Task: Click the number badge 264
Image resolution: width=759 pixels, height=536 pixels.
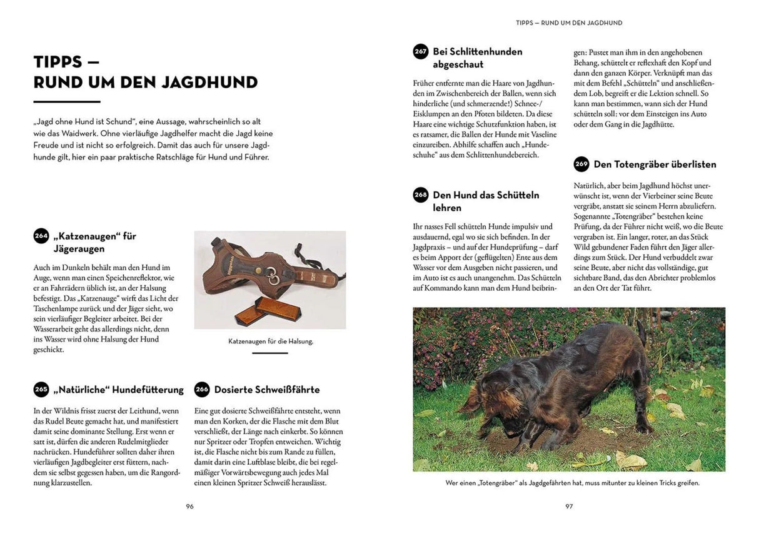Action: [x=41, y=236]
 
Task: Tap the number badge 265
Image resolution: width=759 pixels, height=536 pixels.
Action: [x=41, y=389]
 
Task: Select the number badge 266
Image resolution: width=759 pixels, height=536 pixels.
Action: [x=202, y=389]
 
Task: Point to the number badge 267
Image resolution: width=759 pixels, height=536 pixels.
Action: [x=421, y=51]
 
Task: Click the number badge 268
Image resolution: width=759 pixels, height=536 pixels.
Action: [x=421, y=195]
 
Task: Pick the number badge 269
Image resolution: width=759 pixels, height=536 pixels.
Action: [x=581, y=164]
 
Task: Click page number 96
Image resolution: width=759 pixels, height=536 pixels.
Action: [x=189, y=506]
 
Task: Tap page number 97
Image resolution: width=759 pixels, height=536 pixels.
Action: [x=569, y=506]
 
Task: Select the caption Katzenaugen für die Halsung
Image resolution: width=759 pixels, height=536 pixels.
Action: [x=270, y=341]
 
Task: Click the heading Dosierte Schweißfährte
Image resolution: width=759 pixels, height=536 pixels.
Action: [x=267, y=390]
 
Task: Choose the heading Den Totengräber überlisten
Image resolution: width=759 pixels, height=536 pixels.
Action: [x=655, y=164]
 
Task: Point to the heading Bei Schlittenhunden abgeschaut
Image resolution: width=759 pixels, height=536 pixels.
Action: [x=477, y=58]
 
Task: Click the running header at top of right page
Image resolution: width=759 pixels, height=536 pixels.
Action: [x=569, y=23]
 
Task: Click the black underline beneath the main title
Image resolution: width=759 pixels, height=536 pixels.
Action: [x=67, y=101]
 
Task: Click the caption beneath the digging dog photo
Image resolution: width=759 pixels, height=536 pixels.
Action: [x=569, y=483]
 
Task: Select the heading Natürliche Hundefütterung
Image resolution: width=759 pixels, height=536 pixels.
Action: [x=119, y=390]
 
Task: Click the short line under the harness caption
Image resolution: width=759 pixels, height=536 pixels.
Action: [x=270, y=353]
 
